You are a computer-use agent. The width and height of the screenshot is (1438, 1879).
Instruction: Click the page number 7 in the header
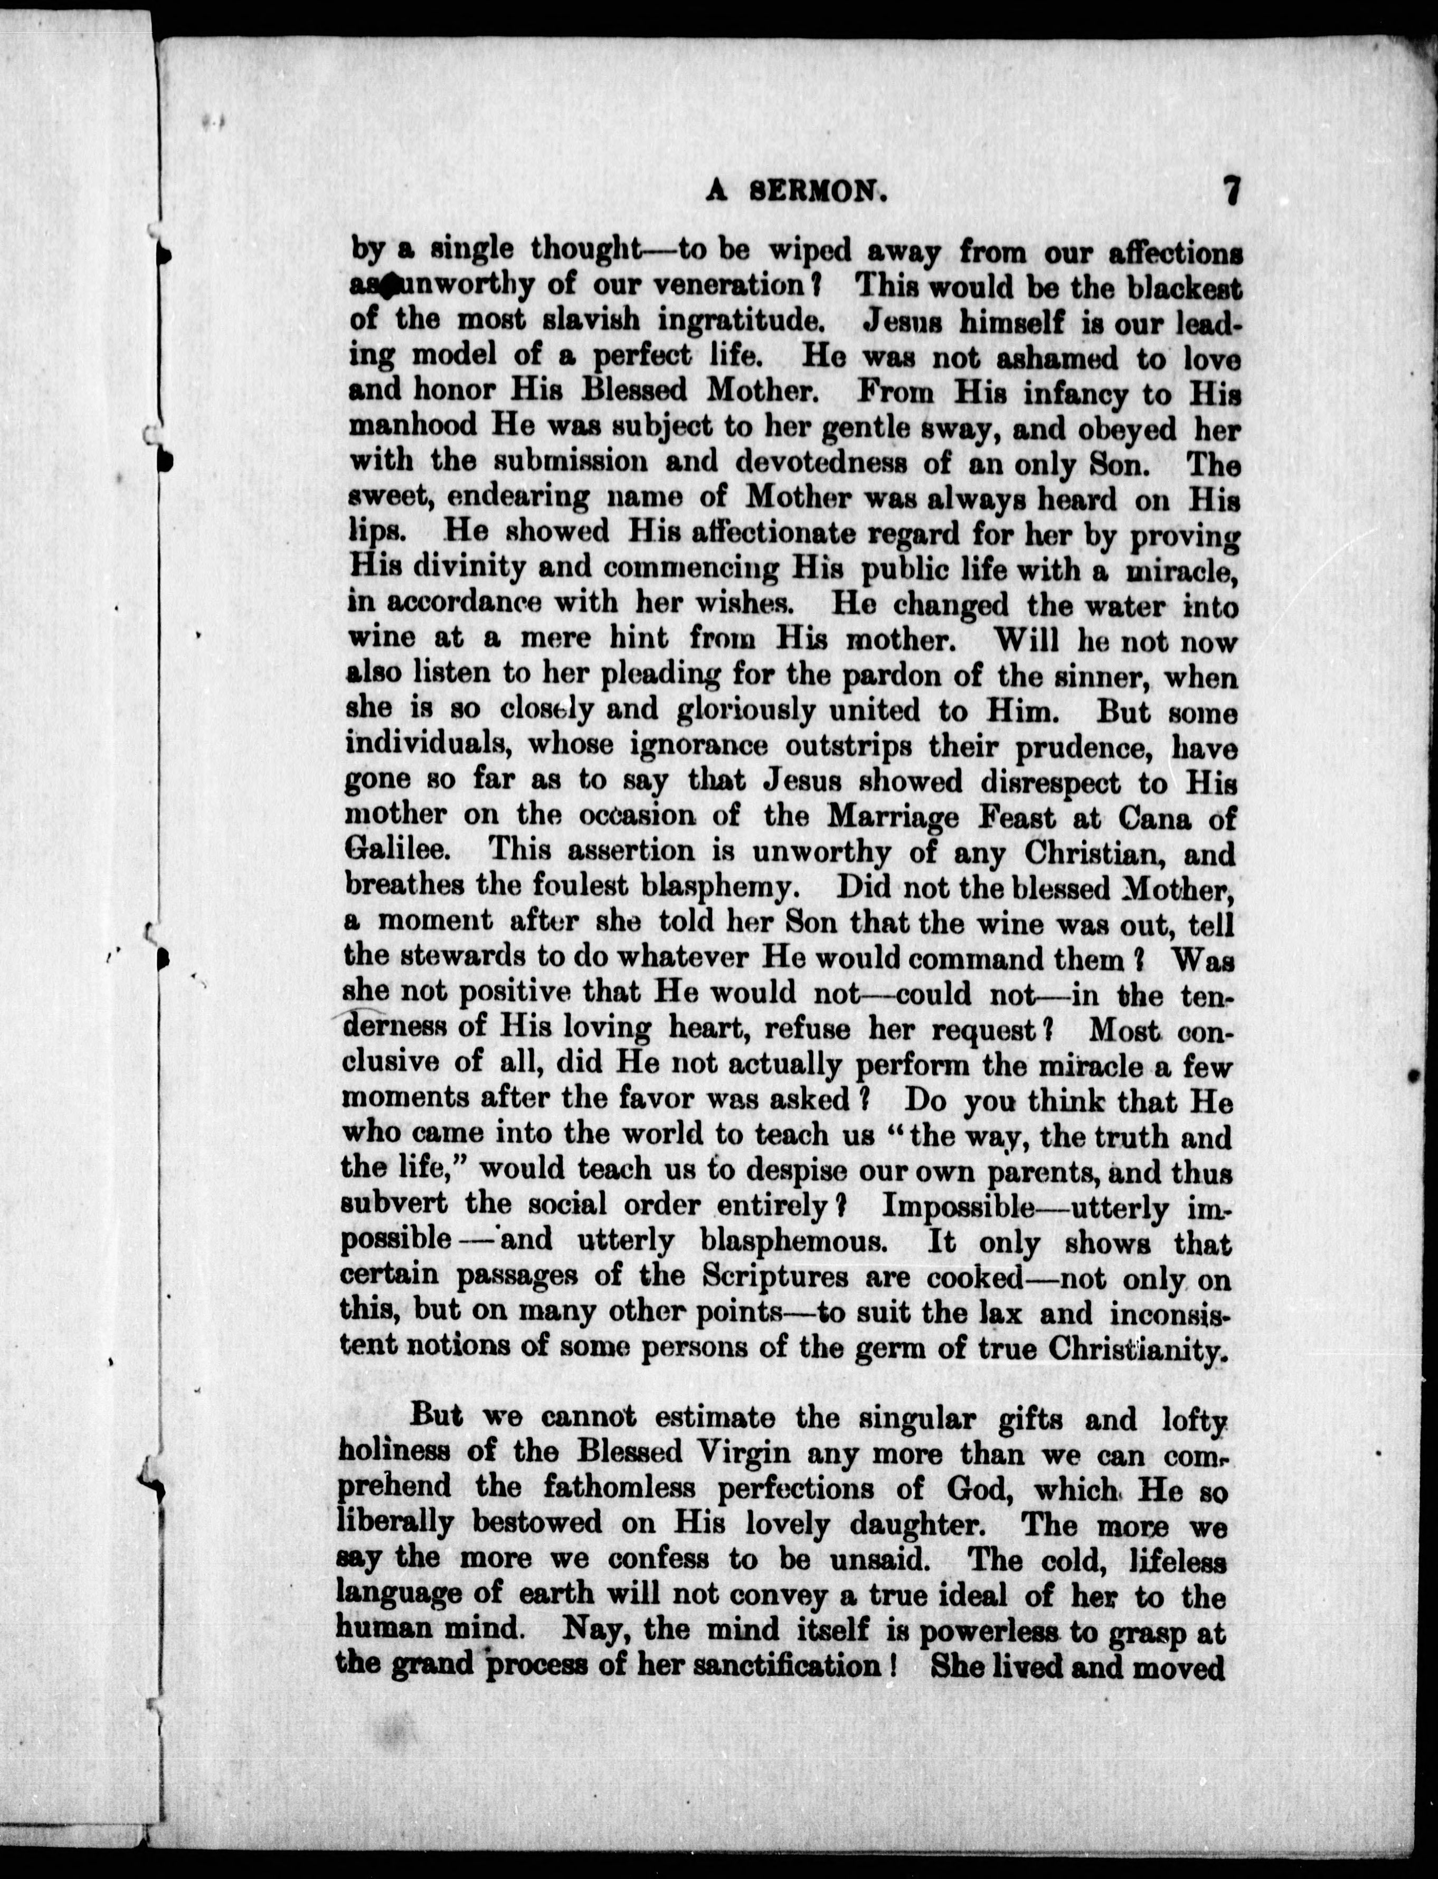pyautogui.click(x=1232, y=190)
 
